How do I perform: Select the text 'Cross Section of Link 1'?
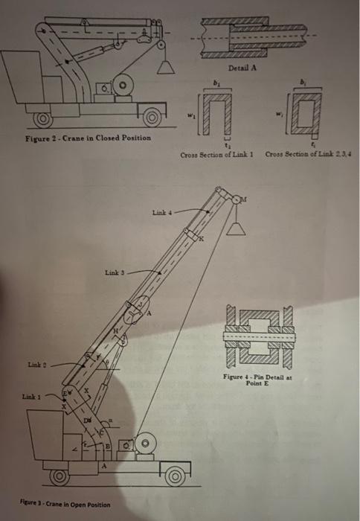(x=216, y=153)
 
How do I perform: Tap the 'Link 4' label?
(x=162, y=215)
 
